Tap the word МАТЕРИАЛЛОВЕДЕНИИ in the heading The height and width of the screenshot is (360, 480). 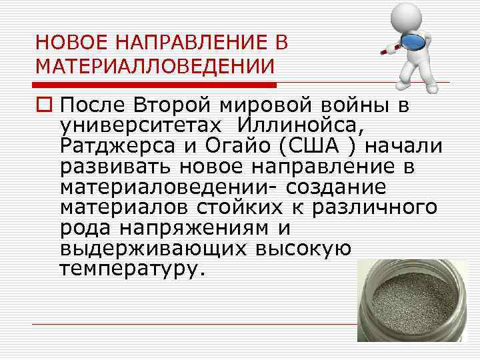(x=155, y=67)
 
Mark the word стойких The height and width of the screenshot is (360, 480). (x=249, y=207)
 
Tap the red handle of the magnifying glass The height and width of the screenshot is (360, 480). (x=390, y=47)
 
